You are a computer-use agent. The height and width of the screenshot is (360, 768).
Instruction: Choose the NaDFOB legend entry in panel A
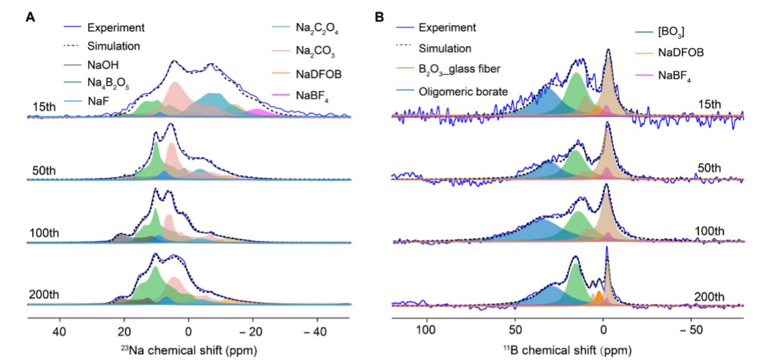pos(318,72)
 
